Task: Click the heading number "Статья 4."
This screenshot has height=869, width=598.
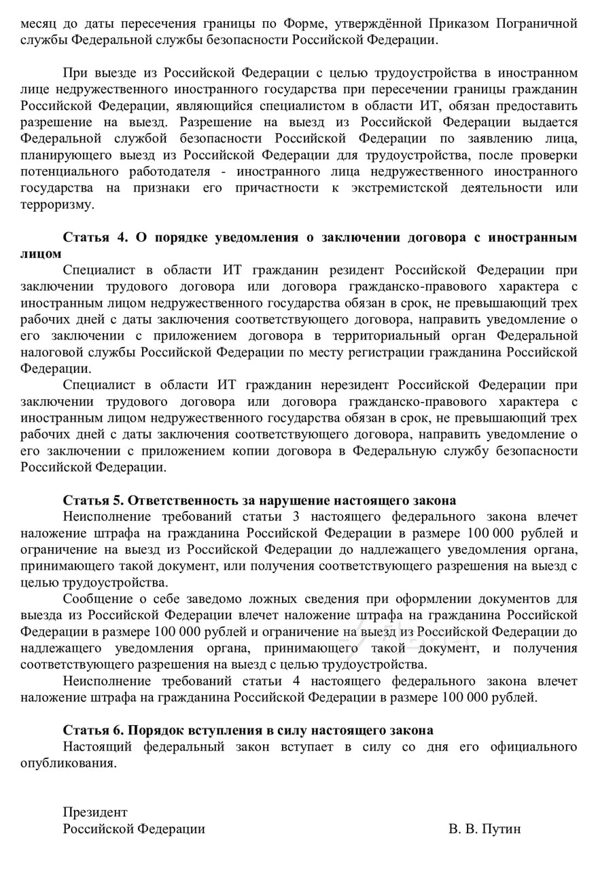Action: pyautogui.click(x=95, y=238)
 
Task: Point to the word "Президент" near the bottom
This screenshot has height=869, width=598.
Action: pyautogui.click(x=95, y=813)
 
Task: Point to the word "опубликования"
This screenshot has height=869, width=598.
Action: pyautogui.click(x=68, y=763)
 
